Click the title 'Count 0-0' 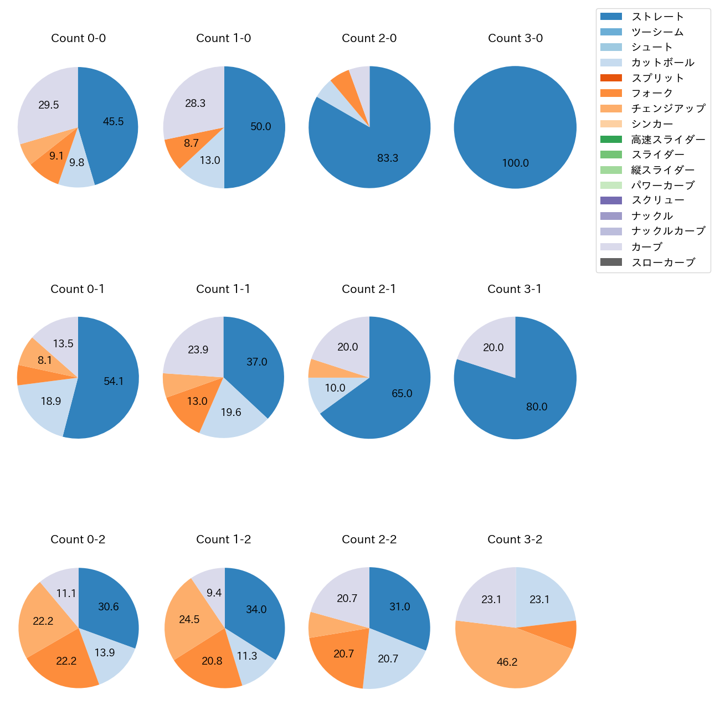[x=78, y=38]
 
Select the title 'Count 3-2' [x=515, y=539]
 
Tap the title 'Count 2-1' [x=369, y=289]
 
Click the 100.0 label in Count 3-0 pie [x=515, y=163]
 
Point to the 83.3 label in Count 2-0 [x=388, y=158]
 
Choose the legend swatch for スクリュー [x=611, y=200]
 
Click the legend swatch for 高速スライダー [x=611, y=139]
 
